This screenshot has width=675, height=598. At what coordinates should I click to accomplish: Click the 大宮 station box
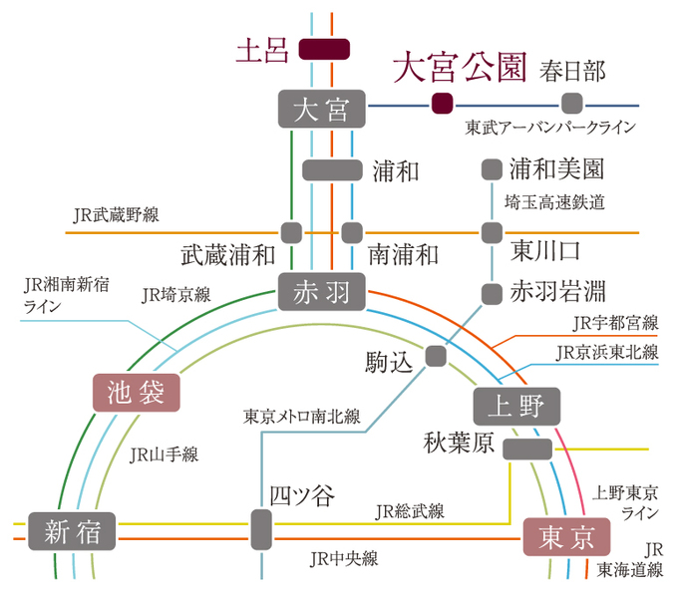point(322,109)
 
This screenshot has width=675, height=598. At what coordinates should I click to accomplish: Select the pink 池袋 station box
point(136,391)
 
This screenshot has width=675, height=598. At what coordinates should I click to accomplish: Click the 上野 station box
point(516,405)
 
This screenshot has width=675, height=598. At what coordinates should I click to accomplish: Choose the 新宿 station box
point(73,529)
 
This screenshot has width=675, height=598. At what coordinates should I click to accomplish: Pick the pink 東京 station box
point(565,538)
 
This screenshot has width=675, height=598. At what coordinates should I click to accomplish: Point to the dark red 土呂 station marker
point(325,50)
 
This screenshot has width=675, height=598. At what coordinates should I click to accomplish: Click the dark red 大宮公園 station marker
point(442,102)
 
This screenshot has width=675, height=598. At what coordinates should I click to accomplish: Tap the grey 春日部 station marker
point(571,102)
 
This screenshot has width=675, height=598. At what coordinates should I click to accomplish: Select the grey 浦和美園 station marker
point(492,169)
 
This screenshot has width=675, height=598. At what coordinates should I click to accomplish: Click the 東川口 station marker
point(492,233)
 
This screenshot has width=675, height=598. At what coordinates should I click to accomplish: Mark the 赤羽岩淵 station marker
point(492,293)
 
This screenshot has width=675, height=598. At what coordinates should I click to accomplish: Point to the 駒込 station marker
point(436,355)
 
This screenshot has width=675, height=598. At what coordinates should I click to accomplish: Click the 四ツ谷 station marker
point(261,528)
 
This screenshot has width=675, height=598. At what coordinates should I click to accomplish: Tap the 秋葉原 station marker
point(527,448)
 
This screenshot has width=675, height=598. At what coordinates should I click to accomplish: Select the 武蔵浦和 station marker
point(291,233)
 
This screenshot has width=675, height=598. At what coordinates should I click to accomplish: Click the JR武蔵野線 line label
point(116,214)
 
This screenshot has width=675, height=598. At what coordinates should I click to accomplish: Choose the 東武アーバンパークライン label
point(549,128)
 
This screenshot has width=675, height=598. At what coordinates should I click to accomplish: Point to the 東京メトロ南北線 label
point(301,416)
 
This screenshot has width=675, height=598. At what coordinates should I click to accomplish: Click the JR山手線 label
point(165,454)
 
